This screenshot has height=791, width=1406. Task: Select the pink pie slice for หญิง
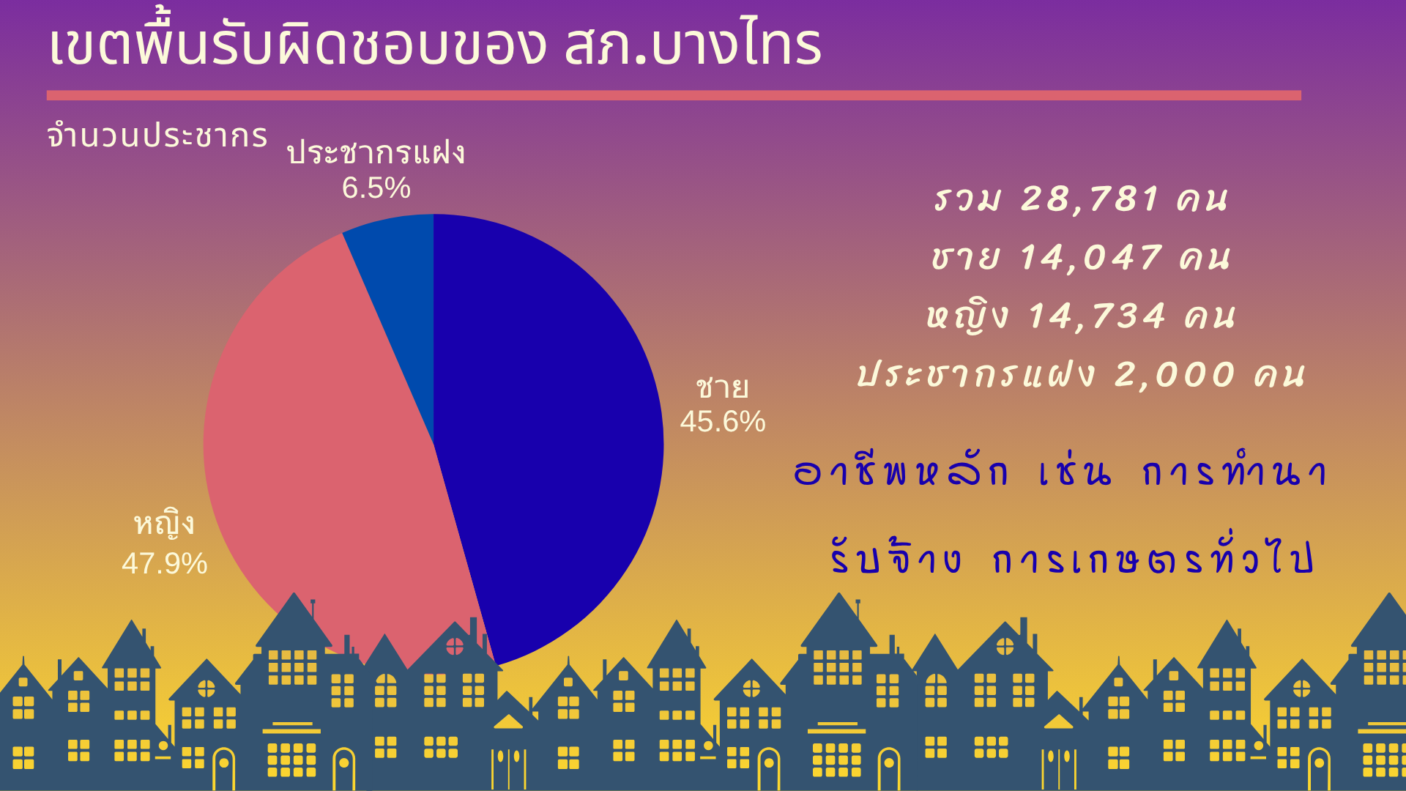pos(322,454)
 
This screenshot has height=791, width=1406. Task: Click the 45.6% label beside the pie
pos(723,422)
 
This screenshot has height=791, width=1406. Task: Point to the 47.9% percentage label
pos(165,564)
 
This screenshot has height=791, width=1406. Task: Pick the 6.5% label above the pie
pos(376,188)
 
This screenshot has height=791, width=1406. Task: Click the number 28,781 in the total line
pos(1091,199)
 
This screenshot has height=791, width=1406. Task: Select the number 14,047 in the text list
pos(1091,258)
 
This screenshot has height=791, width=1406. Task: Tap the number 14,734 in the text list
pos(1097,316)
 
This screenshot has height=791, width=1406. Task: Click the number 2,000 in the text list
pos(1175,375)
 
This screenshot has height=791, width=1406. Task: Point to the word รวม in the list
pos(967,199)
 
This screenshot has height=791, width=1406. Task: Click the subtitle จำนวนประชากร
pos(157,135)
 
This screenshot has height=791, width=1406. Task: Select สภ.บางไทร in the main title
pos(693,45)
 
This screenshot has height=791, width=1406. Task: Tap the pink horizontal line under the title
pos(674,95)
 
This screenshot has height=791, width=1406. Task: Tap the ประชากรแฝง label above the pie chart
pos(376,152)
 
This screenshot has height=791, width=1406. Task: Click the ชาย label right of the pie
pos(723,387)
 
